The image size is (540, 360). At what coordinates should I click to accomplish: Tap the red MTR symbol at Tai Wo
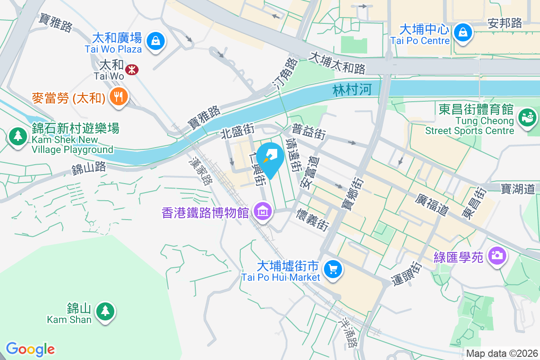point(132,70)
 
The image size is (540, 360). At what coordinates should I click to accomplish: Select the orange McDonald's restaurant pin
point(118,97)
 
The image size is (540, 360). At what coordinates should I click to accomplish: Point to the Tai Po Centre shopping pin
point(462,32)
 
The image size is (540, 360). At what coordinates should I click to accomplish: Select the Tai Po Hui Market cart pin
point(333,270)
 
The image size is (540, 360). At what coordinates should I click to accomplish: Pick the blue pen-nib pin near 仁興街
point(271,156)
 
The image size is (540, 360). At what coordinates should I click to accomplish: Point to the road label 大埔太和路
point(337,63)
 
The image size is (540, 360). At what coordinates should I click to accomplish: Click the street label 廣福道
point(433,204)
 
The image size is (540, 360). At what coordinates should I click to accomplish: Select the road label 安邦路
point(505,23)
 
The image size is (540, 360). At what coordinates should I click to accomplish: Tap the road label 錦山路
point(89,168)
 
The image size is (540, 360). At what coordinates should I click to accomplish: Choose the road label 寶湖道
point(518,189)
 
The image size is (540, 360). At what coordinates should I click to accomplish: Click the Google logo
point(30,349)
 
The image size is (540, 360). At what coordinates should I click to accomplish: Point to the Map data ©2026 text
point(502,353)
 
